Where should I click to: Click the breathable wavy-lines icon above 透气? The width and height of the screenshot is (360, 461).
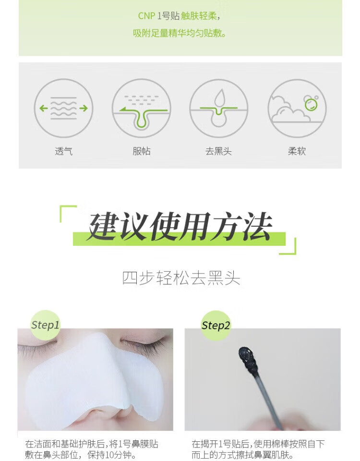click(x=63, y=108)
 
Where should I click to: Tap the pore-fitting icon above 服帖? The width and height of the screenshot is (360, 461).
click(x=141, y=108)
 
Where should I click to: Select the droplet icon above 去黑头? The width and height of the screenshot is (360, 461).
click(x=219, y=108)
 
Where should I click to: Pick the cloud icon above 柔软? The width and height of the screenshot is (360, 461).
click(x=297, y=108)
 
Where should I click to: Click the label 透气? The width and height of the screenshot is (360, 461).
click(x=63, y=151)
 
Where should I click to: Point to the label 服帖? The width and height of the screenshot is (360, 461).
click(x=141, y=151)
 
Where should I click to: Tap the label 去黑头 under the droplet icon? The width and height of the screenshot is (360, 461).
click(x=219, y=151)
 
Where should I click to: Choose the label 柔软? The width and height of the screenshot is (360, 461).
click(x=297, y=151)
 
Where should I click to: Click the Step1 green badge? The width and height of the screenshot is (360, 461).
click(x=45, y=325)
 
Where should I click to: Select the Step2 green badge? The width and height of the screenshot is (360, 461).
click(x=216, y=326)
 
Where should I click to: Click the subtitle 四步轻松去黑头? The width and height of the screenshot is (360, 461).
click(x=181, y=278)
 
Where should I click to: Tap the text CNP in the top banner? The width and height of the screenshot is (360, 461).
click(x=146, y=16)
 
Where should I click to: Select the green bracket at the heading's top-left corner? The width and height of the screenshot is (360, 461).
click(x=68, y=213)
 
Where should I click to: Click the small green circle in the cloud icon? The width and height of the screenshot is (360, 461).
click(x=311, y=105)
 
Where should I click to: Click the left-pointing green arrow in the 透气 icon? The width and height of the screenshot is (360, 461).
click(x=44, y=108)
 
